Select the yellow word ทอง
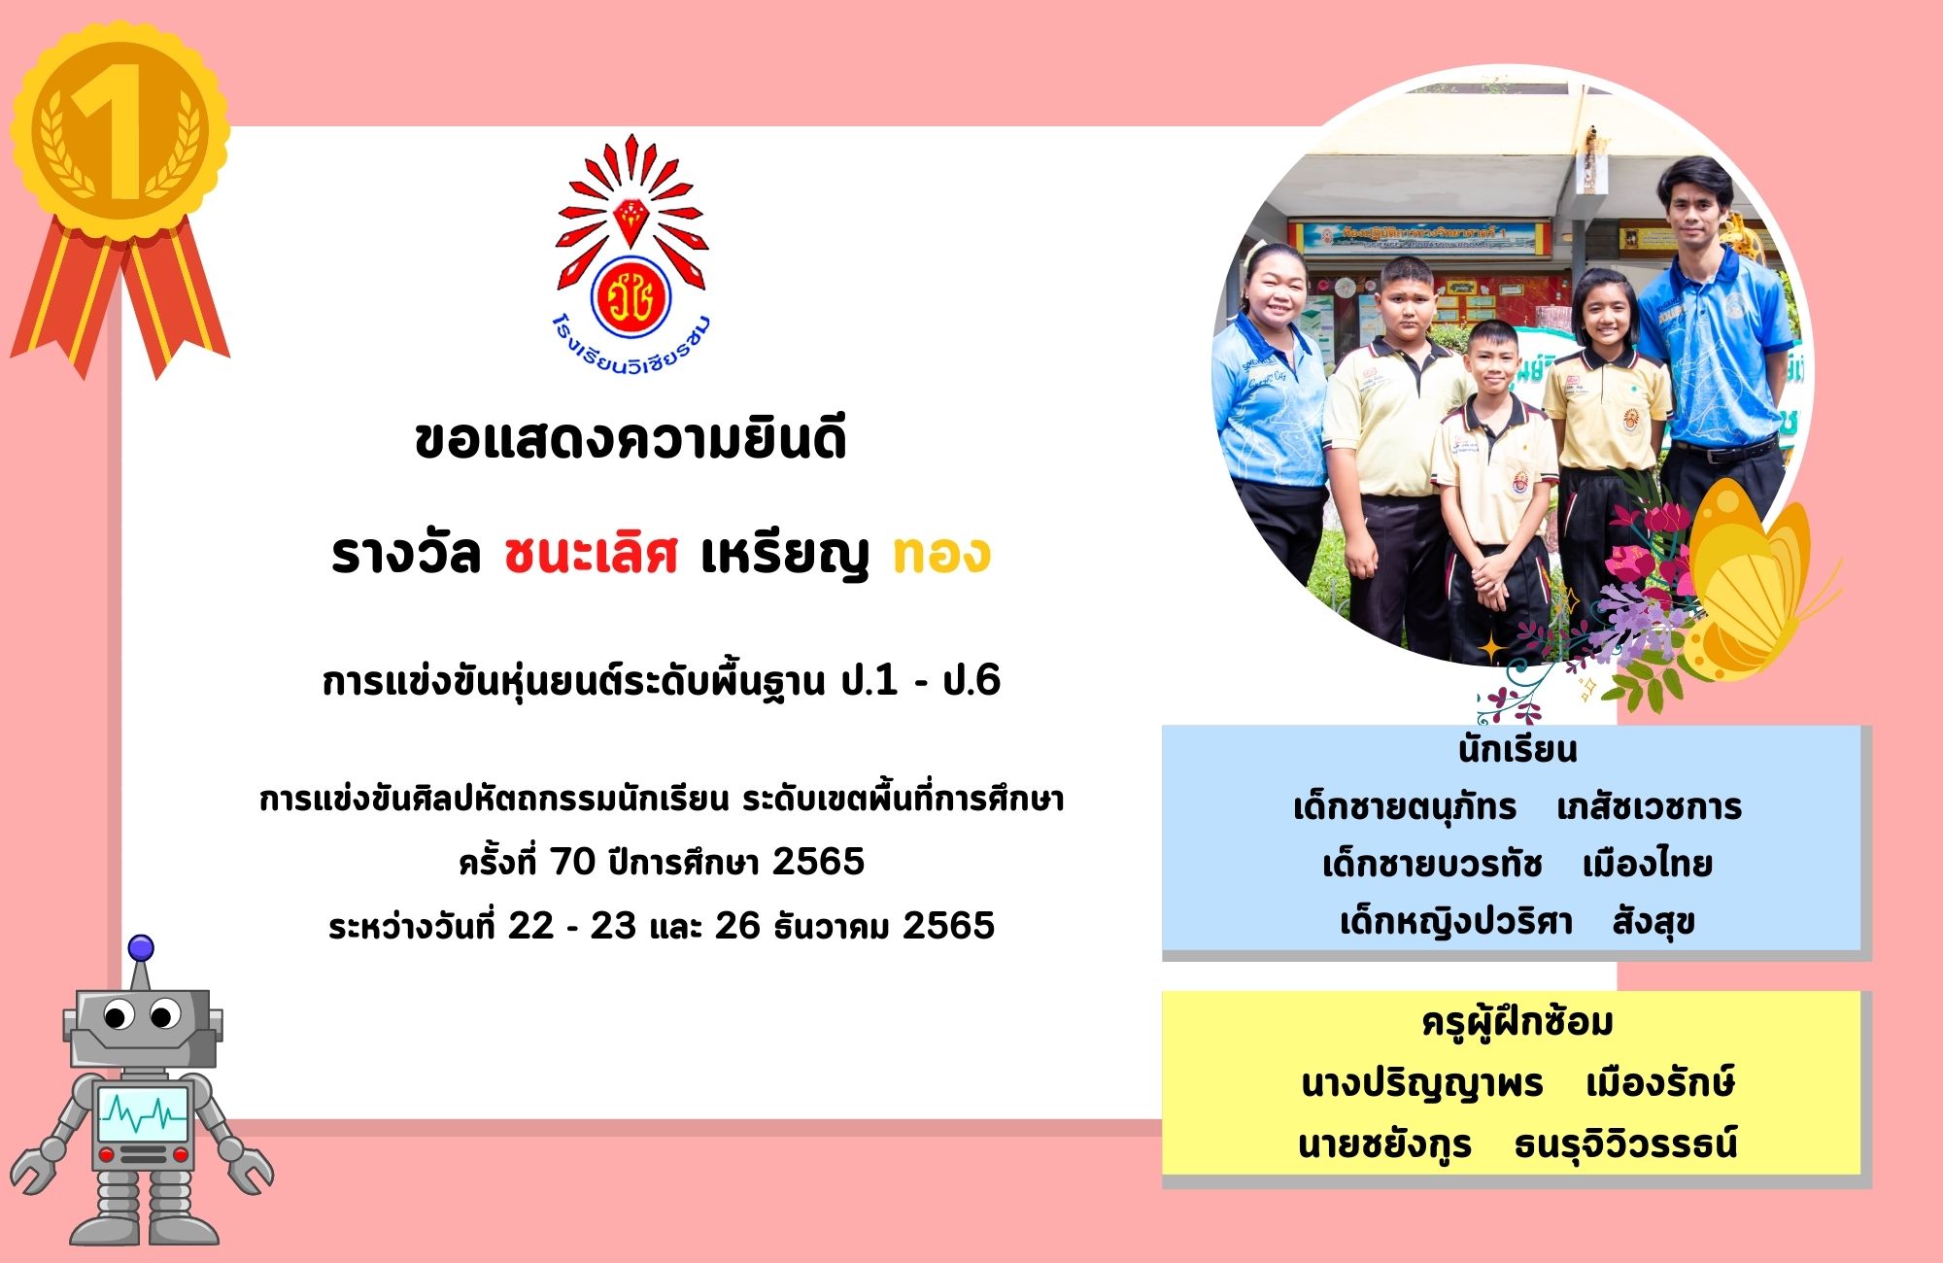click(x=941, y=555)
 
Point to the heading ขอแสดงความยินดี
click(x=631, y=439)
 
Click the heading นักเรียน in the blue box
click(x=1517, y=750)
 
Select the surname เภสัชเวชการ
click(x=1649, y=807)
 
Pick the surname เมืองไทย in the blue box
click(x=1647, y=864)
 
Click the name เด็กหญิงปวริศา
click(x=1455, y=921)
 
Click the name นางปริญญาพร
click(x=1422, y=1084)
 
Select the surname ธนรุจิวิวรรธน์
click(x=1625, y=1144)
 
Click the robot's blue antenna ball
click(x=141, y=948)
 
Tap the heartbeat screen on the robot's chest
click(x=143, y=1115)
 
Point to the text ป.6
click(x=971, y=681)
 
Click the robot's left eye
click(x=118, y=1016)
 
